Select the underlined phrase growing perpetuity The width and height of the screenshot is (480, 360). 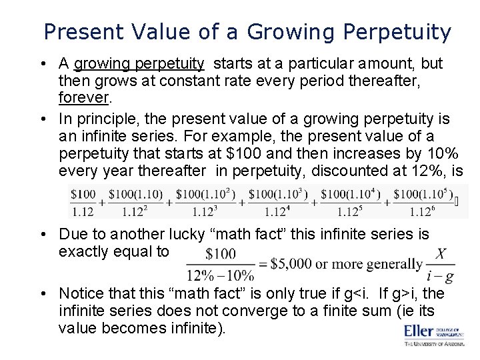coord(139,63)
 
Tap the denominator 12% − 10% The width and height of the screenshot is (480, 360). coord(221,275)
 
